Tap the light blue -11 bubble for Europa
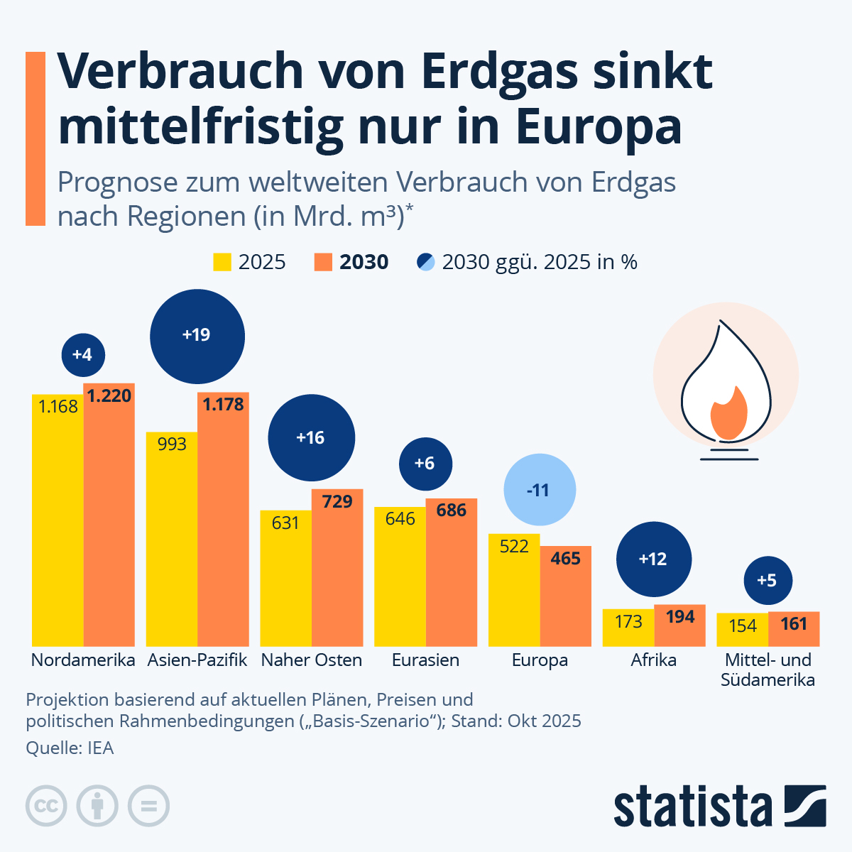click(539, 490)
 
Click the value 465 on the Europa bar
click(565, 559)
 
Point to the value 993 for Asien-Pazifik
click(172, 444)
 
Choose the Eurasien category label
click(425, 660)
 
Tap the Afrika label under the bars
click(653, 660)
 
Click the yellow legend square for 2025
click(222, 262)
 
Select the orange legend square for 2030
click(323, 262)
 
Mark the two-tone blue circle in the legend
click(425, 262)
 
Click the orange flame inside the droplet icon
click(728, 415)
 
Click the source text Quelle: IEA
click(70, 748)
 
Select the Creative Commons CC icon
click(46, 807)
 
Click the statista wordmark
click(692, 807)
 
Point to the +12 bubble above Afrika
click(653, 559)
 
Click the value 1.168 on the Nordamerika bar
click(58, 407)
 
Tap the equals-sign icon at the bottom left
click(148, 807)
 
